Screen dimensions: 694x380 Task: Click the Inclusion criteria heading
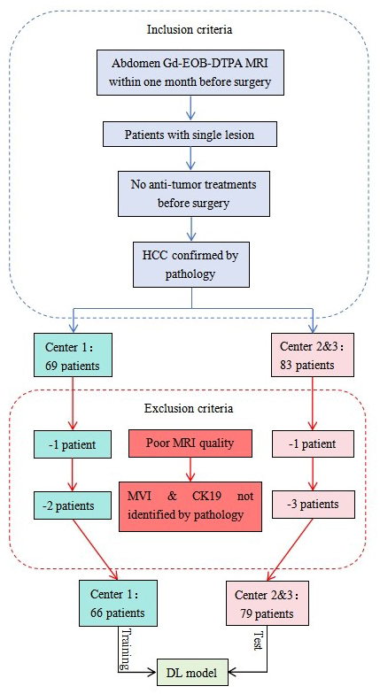189,29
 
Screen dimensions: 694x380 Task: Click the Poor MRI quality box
189,442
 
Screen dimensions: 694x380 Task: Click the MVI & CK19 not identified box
190,504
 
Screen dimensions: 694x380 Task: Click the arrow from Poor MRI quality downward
188,467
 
